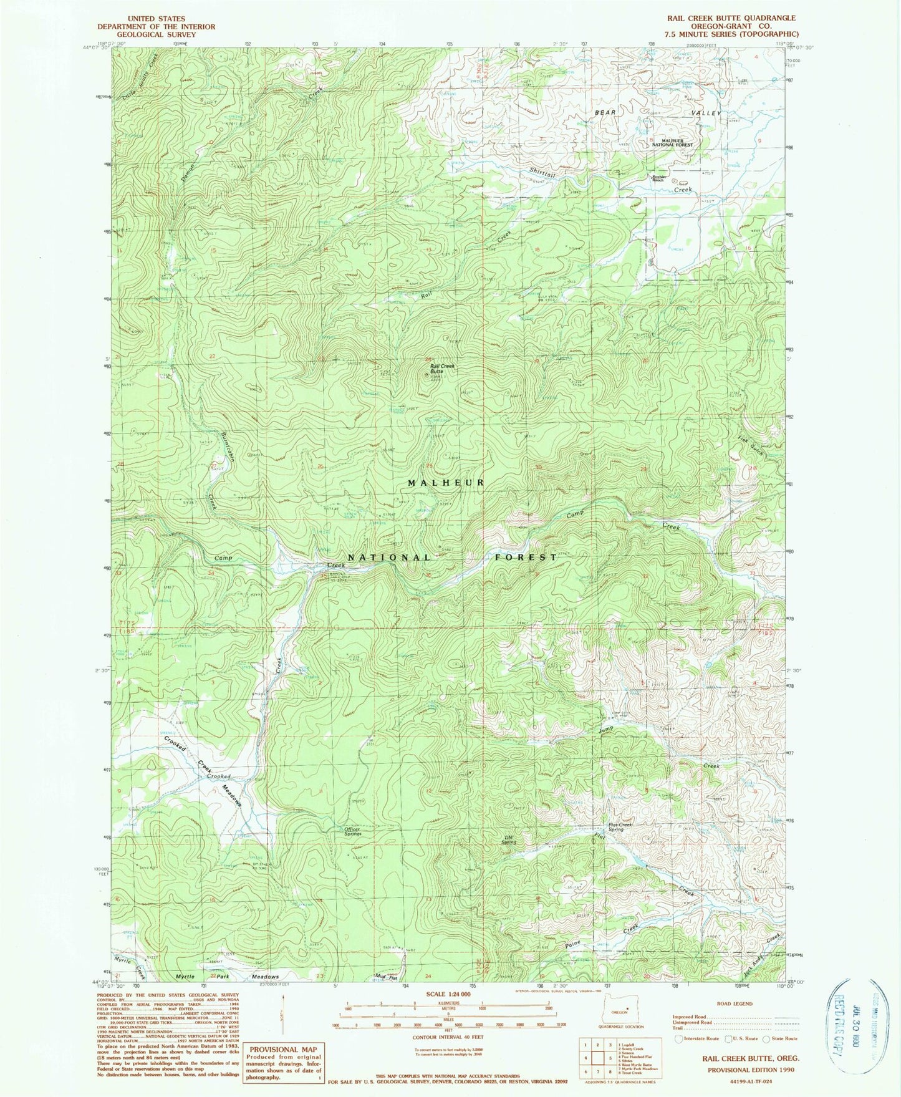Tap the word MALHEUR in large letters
[446, 483]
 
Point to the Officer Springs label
[353, 831]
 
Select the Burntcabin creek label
[228, 448]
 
